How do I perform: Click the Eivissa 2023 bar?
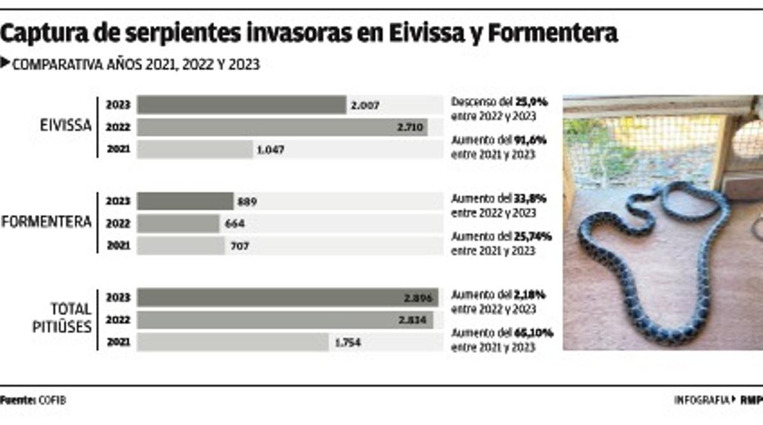(242, 105)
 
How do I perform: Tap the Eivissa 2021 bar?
(195, 150)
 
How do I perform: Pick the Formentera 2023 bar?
(185, 201)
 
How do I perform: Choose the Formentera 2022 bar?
(177, 223)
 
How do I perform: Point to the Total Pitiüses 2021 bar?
(233, 342)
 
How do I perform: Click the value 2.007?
(364, 106)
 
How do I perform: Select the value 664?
(233, 224)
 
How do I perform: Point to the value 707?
(239, 246)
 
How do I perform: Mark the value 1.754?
(349, 343)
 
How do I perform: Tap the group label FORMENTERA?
(47, 222)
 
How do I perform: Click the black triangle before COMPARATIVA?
(6, 63)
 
